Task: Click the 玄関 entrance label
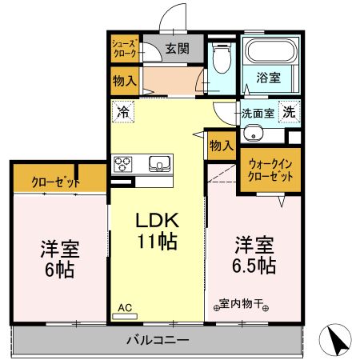[178, 48]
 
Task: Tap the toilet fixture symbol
[221, 57]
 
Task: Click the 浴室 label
[269, 78]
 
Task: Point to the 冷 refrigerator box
[123, 112]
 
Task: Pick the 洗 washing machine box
[289, 113]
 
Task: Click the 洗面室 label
[258, 114]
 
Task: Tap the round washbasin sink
[253, 134]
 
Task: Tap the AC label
[125, 306]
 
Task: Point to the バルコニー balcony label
[157, 340]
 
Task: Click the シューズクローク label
[125, 49]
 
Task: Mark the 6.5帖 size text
[255, 265]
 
